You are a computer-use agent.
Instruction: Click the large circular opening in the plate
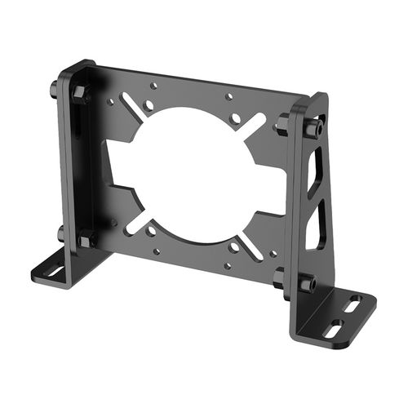[192, 171]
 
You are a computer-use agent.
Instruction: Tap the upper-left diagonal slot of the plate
[134, 104]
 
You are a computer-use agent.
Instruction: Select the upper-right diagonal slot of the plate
[255, 126]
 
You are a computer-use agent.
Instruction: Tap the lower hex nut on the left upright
[86, 240]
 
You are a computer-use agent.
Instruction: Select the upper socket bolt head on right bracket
[313, 128]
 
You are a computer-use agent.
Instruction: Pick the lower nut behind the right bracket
[281, 277]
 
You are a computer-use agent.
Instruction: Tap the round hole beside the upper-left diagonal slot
[151, 105]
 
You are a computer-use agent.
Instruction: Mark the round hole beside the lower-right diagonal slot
[234, 246]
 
